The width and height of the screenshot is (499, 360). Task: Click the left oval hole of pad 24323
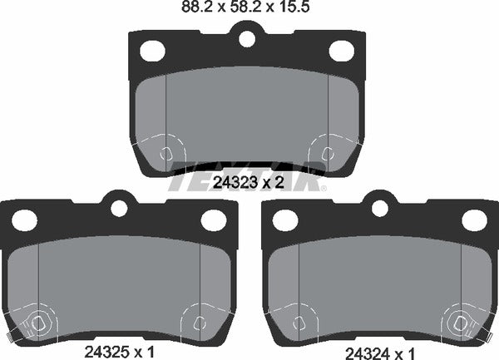[x=152, y=51]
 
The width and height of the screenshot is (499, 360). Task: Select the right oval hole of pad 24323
[x=340, y=51]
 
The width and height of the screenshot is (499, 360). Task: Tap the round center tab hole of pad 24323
[x=246, y=38]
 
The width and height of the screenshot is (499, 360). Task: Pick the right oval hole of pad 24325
[x=213, y=220]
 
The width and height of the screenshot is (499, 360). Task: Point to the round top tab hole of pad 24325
[x=118, y=207]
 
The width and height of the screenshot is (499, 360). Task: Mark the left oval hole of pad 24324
[x=285, y=220]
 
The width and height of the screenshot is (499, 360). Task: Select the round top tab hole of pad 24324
[x=379, y=207]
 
